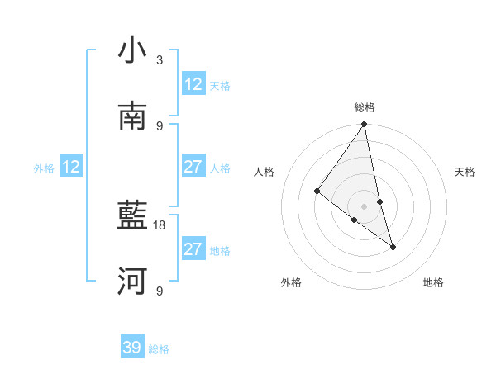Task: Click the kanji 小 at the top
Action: tap(132, 51)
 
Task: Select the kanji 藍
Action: tap(132, 216)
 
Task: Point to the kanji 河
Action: tap(132, 282)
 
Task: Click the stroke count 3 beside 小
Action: tap(160, 59)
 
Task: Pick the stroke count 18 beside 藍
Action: tap(160, 225)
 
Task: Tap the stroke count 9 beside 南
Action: tap(160, 125)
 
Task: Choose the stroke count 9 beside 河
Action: tap(160, 291)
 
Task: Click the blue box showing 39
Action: tap(132, 348)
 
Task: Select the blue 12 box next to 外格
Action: tap(71, 167)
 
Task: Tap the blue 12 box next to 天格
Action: tap(193, 83)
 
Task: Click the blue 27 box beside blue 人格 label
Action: tap(193, 167)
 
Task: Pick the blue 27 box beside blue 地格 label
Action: tap(193, 249)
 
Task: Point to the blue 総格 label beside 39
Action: tap(160, 349)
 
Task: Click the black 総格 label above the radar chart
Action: tap(365, 107)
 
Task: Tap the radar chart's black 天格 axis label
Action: tap(465, 172)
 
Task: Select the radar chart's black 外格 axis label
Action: tap(291, 283)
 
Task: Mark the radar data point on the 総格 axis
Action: tap(365, 125)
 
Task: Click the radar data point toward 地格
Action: tap(393, 246)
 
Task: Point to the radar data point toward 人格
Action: tap(317, 191)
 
